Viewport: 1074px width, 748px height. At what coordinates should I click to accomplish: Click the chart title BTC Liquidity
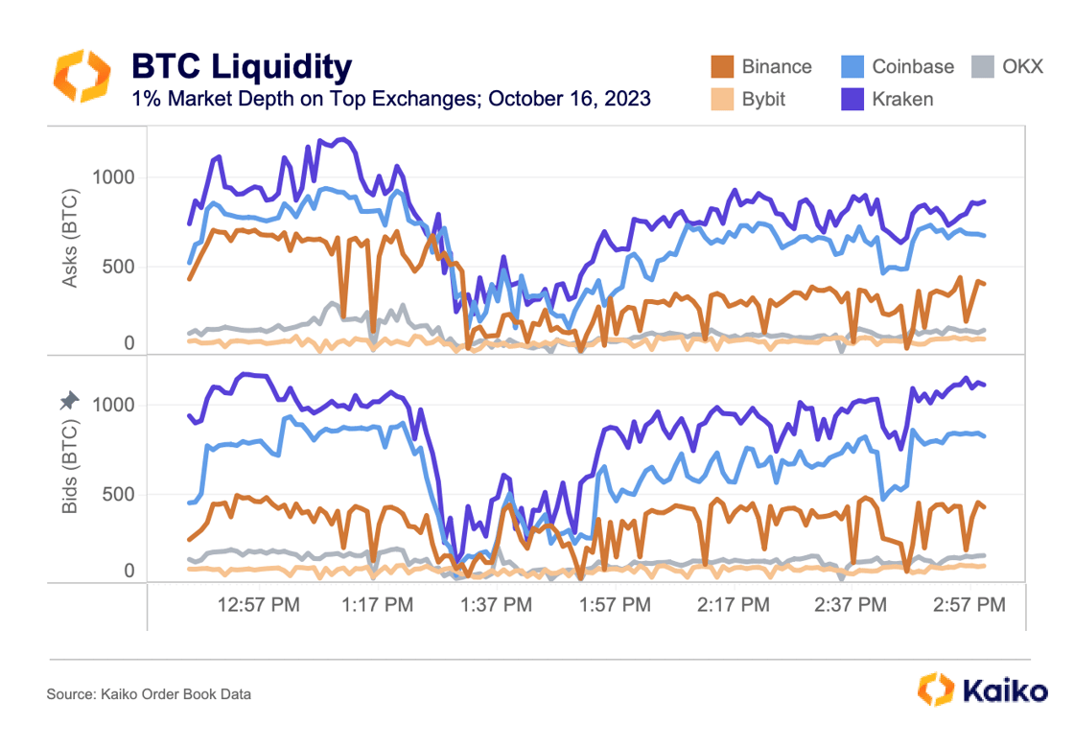pos(242,66)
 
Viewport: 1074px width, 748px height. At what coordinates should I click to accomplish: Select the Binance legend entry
pos(761,66)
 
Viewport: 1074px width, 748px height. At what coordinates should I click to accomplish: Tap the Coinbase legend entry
pos(898,66)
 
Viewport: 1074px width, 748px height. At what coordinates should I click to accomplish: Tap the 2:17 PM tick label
pos(733,605)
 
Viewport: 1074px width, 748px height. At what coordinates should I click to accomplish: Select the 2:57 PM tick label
pos(969,605)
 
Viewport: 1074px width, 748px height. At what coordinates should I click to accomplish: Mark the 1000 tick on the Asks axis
pos(113,177)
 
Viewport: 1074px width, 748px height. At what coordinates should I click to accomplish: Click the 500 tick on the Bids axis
pos(119,495)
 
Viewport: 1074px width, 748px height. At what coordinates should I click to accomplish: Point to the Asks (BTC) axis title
pos(71,239)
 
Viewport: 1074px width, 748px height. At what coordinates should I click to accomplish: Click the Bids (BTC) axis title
pos(71,466)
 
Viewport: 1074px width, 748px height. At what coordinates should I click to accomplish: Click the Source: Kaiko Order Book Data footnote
pos(149,693)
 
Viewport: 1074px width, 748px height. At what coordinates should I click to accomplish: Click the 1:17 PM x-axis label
pos(378,605)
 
